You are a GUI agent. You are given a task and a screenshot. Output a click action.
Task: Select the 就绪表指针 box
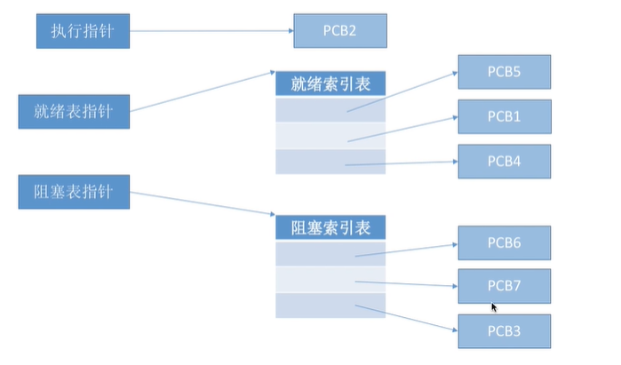(75, 111)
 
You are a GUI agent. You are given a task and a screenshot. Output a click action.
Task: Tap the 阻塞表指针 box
(75, 191)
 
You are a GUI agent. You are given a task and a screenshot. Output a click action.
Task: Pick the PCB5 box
(504, 72)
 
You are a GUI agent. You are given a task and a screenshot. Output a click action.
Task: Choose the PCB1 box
(504, 116)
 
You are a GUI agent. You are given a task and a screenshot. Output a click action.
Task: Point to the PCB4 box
(504, 161)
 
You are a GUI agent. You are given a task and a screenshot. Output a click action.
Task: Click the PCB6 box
(504, 242)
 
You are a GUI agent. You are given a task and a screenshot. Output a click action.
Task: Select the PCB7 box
(504, 286)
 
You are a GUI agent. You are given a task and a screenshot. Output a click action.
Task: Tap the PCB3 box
(504, 330)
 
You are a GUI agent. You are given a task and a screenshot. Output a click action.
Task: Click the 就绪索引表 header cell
(330, 85)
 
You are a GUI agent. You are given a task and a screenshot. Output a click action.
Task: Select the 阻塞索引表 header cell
(330, 227)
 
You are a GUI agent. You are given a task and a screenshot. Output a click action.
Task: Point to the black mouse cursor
(494, 307)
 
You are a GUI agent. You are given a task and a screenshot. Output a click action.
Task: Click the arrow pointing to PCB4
(400, 163)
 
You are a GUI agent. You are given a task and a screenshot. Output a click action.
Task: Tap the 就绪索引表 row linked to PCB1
(330, 136)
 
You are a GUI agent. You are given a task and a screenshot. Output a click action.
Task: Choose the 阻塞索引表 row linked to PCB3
(330, 305)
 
